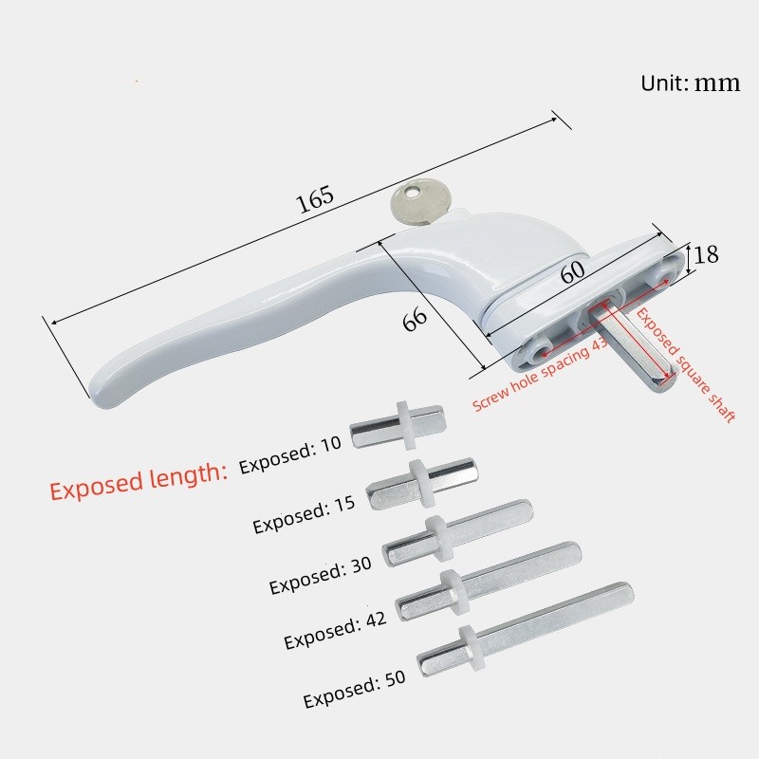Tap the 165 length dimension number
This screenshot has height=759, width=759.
tap(315, 199)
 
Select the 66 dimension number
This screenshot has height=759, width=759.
tap(415, 319)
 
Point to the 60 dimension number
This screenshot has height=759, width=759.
tap(571, 273)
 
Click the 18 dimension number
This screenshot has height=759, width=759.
tap(705, 254)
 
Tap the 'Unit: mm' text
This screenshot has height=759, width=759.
tap(690, 83)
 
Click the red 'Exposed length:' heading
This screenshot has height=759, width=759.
tap(139, 480)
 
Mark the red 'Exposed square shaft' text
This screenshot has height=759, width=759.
tap(685, 364)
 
